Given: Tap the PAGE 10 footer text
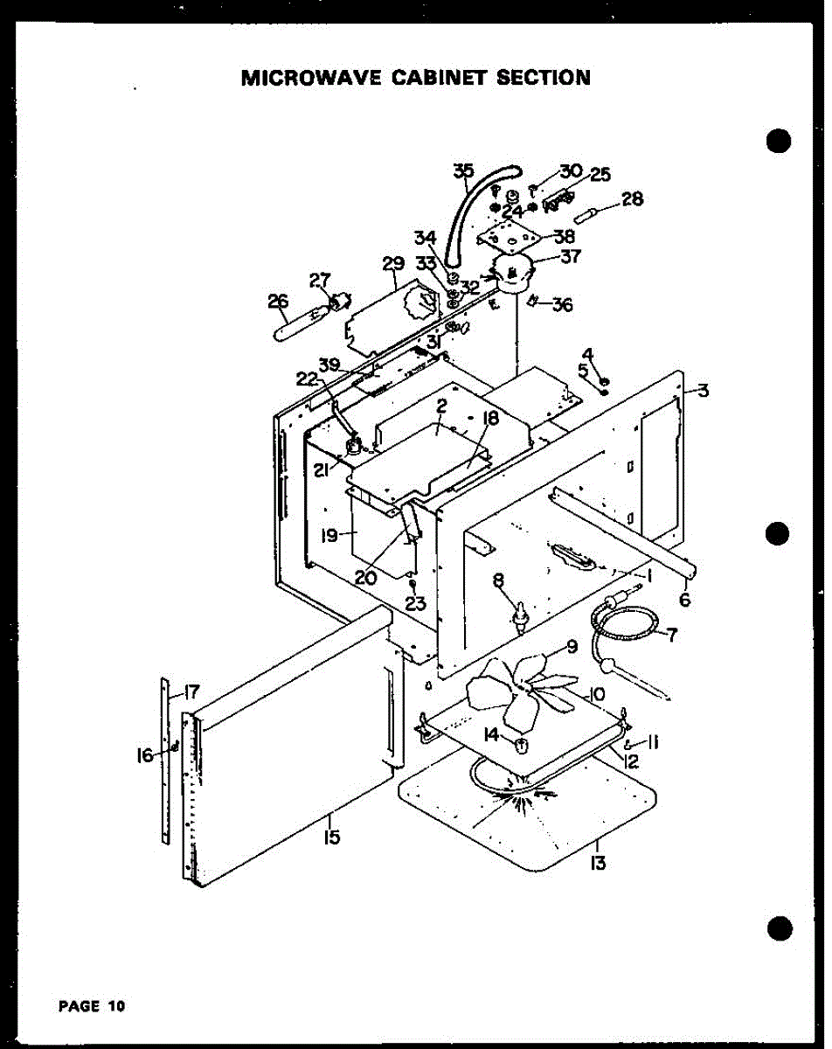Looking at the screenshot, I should point(92,1005).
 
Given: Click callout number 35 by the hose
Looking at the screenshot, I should point(463,171).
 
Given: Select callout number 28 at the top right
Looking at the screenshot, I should point(633,200).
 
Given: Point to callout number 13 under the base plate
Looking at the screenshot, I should point(598,864).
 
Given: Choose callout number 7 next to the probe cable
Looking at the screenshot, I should point(671,636).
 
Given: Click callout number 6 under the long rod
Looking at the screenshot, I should point(683,600).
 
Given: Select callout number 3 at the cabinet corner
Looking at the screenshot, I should point(703,391).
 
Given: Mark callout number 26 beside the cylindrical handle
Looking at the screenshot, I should point(278,302).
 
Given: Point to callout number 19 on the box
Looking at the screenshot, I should point(329,535).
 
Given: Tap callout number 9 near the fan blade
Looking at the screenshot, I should point(572,648).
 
